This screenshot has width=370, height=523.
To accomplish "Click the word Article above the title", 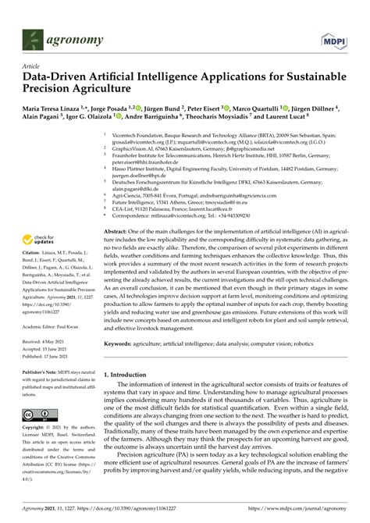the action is [32, 68].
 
